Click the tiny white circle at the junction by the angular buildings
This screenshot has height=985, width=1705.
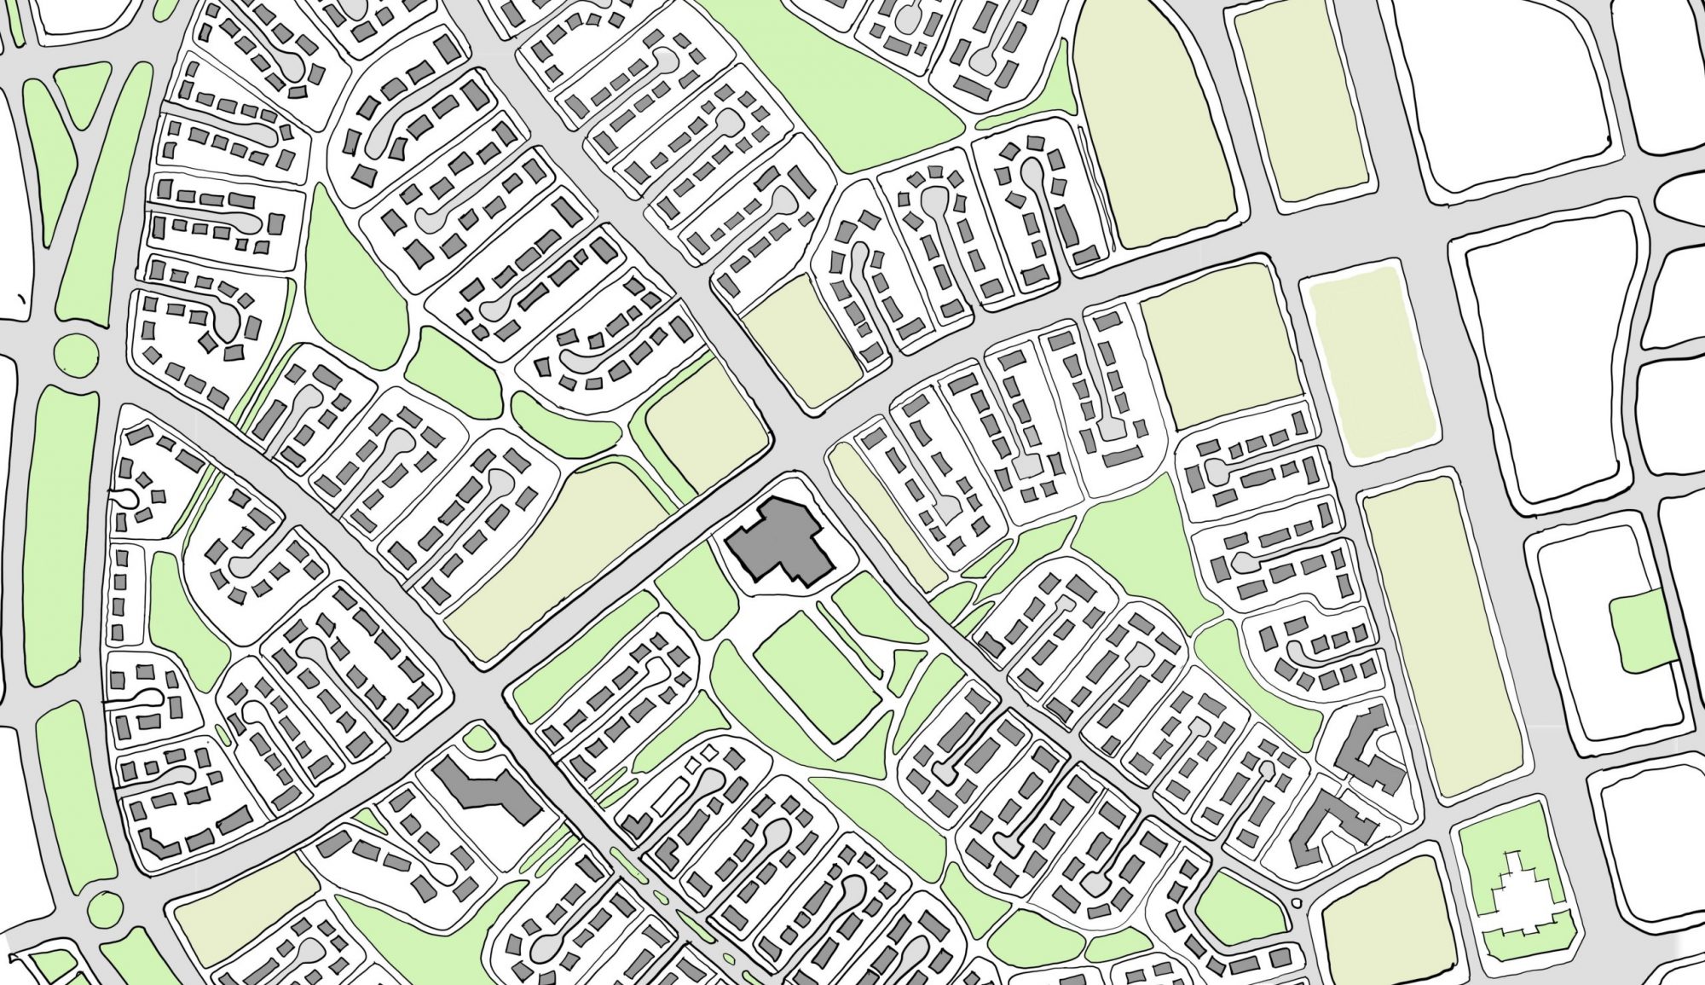click(x=1297, y=904)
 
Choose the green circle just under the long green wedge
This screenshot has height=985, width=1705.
click(x=75, y=351)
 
